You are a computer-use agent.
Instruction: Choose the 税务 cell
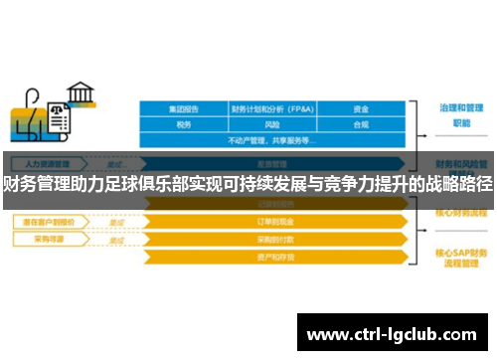(x=184, y=125)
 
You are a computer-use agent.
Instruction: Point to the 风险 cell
(x=272, y=125)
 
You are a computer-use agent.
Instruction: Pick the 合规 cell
(x=362, y=125)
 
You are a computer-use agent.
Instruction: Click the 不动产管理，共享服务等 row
(x=272, y=140)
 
